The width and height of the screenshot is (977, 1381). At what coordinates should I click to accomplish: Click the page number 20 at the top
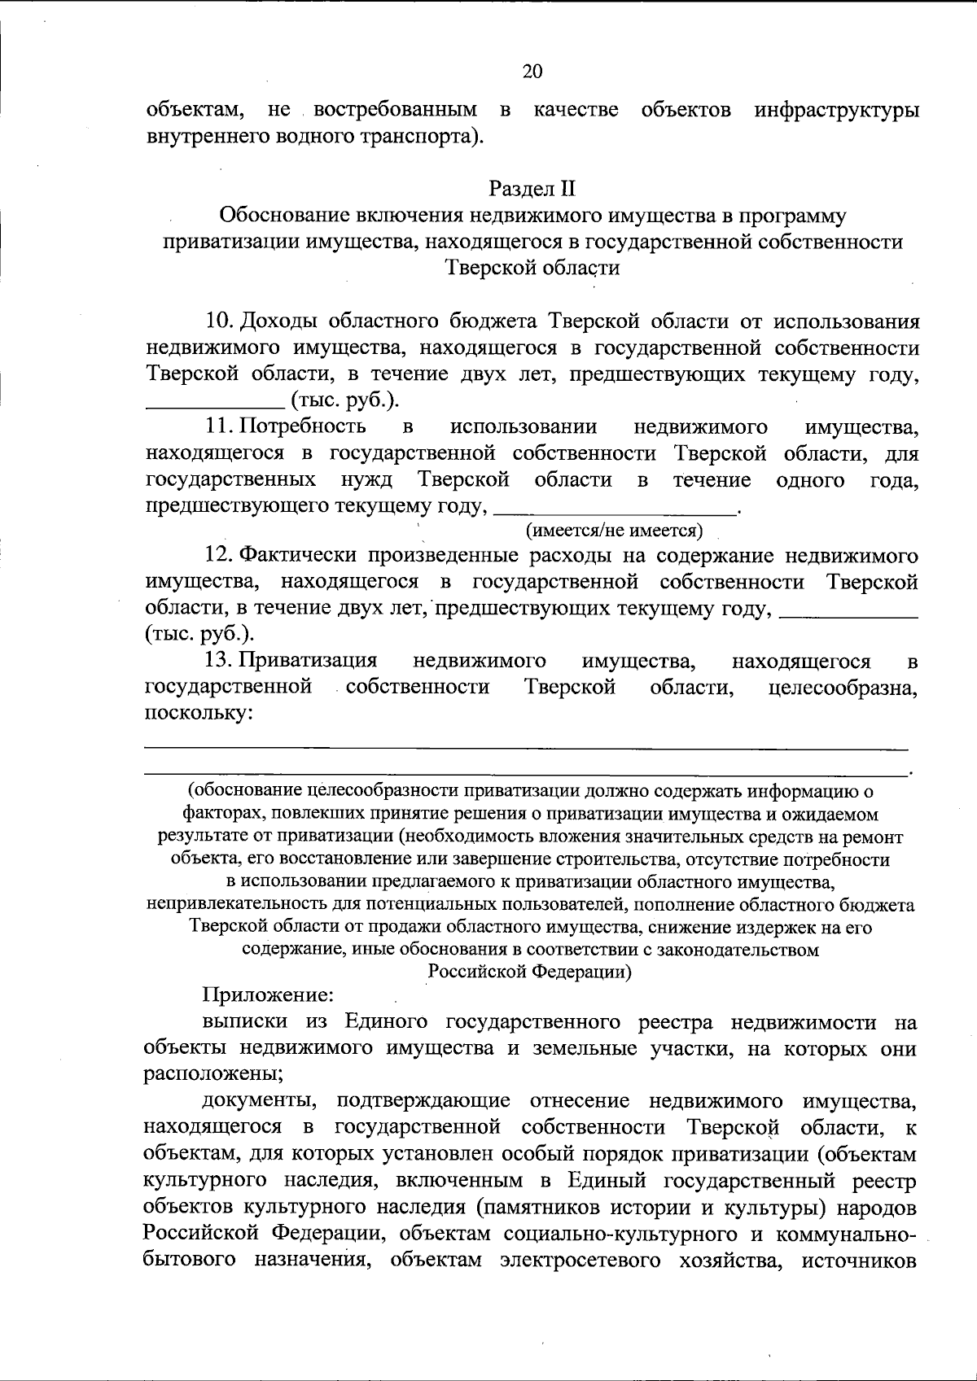(x=532, y=72)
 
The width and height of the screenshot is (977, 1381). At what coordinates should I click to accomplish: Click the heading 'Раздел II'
(x=532, y=190)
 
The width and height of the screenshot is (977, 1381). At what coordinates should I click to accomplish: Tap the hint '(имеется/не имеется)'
(x=615, y=531)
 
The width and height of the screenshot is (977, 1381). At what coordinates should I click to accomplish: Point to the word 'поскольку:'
(x=198, y=713)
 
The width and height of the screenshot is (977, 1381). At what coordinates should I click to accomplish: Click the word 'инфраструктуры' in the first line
(x=837, y=111)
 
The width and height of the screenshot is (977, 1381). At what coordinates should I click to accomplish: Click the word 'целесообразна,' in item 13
(x=843, y=687)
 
